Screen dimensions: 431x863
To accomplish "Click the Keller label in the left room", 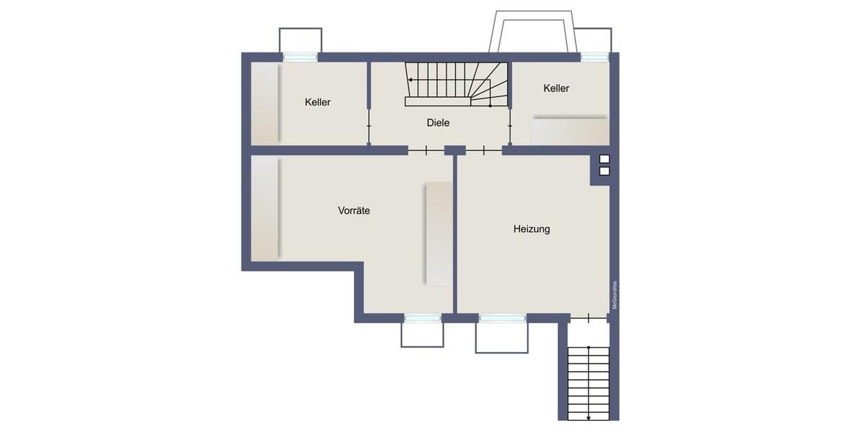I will pyautogui.click(x=317, y=103).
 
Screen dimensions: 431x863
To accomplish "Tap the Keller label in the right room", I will pyautogui.click(x=556, y=88).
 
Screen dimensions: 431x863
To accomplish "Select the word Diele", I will pyautogui.click(x=438, y=123).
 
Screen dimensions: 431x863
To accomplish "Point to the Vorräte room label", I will pyautogui.click(x=354, y=211).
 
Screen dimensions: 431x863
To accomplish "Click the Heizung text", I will pyautogui.click(x=531, y=229).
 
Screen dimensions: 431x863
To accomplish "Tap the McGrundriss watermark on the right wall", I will pyautogui.click(x=614, y=295).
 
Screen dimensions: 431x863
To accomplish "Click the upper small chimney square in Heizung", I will pyautogui.click(x=604, y=159).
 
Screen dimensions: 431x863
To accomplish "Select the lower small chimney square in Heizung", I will pyautogui.click(x=604, y=171).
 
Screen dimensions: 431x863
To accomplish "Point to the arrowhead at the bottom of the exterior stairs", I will pyautogui.click(x=588, y=417).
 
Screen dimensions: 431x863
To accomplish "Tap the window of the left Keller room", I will pyautogui.click(x=300, y=57).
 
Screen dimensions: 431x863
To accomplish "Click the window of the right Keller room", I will pyautogui.click(x=594, y=57).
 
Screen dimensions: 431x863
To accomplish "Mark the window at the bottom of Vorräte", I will pyautogui.click(x=422, y=318).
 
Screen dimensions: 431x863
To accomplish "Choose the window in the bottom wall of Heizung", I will pyautogui.click(x=502, y=318).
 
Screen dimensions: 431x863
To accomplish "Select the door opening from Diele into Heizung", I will pyautogui.click(x=483, y=150).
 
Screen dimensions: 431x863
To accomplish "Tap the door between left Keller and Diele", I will pyautogui.click(x=369, y=126).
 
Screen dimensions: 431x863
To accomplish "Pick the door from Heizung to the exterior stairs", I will pyautogui.click(x=588, y=318).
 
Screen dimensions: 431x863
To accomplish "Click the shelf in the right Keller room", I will pyautogui.click(x=570, y=131).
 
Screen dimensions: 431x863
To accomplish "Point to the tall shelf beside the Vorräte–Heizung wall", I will pyautogui.click(x=439, y=233).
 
